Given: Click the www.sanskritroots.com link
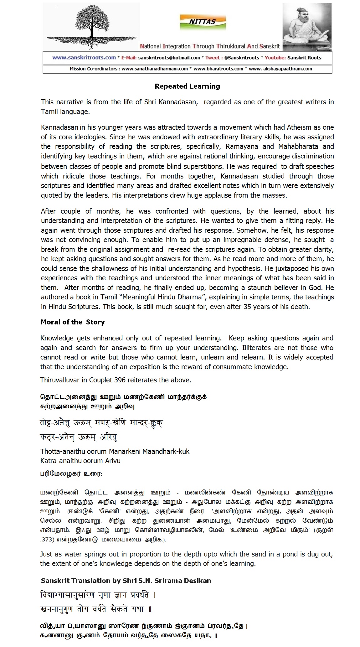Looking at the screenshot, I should click(x=84, y=58).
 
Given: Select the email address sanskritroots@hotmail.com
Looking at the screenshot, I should click(x=169, y=58).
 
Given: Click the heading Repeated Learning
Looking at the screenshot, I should click(x=187, y=86).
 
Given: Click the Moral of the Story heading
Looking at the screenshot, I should click(x=73, y=322).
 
